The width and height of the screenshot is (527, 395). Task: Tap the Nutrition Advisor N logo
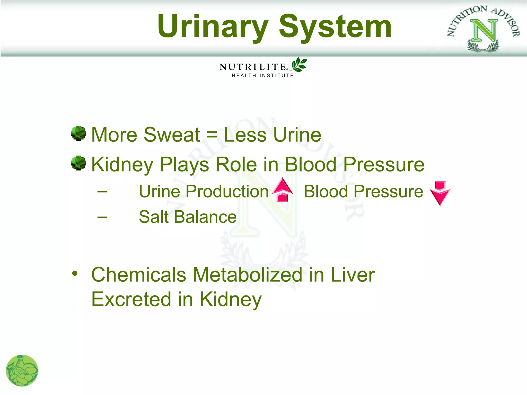(484, 30)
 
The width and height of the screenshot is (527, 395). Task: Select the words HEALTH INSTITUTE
(262, 76)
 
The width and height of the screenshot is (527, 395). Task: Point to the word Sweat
(172, 134)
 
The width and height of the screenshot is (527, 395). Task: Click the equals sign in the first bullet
(212, 134)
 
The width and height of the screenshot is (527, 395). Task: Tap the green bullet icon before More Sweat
(78, 133)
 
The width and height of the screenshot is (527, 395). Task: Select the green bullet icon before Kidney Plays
(78, 163)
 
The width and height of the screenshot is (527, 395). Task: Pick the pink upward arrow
(283, 190)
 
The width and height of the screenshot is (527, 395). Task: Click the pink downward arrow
(440, 193)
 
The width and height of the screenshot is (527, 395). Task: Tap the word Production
(227, 192)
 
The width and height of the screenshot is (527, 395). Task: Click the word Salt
(154, 217)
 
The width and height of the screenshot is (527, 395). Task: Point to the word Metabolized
(248, 275)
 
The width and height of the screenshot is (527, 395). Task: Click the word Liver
(353, 275)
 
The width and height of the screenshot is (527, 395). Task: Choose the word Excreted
(131, 299)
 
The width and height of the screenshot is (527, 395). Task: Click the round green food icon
(22, 371)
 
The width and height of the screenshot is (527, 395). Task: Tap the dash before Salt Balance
(102, 217)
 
